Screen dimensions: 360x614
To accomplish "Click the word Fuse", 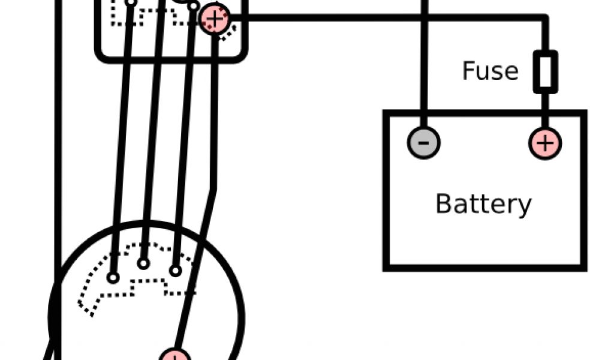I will pos(490,71).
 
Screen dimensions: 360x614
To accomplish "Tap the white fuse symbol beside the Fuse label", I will pos(546,71).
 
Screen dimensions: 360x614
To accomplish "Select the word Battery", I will pos(483,204).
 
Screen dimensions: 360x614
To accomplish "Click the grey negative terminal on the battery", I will pos(424,143).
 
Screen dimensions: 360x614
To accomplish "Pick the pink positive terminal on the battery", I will pos(545,143).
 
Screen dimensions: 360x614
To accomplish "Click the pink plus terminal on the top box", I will pos(214,19).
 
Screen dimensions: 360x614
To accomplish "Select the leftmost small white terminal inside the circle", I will pos(113,277).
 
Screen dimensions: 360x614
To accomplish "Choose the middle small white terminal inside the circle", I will pos(143,263).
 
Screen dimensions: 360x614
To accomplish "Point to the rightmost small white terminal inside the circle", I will pos(175,271).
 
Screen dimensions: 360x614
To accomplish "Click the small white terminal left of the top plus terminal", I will pos(193,6).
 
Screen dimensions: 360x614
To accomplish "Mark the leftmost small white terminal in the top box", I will pos(131,2).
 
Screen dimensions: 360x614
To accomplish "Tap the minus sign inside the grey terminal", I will pos(424,143).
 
